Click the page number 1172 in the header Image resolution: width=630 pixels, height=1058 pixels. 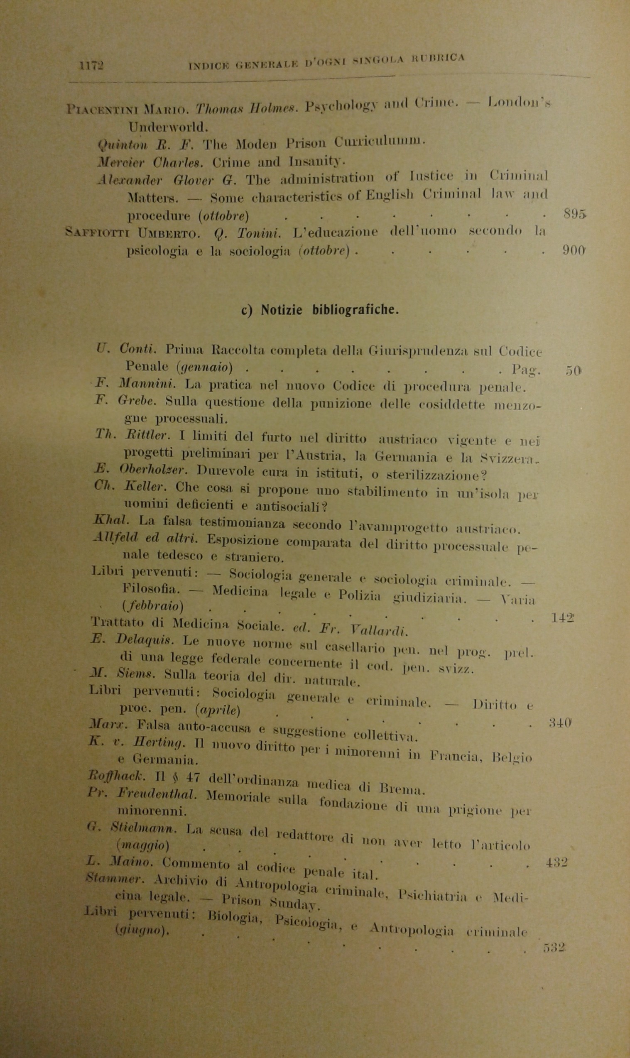coord(91,66)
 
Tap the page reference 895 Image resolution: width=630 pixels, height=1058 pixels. coord(574,214)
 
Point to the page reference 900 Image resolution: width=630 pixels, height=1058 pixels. coord(574,250)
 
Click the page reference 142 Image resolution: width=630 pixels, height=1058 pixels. coord(562,618)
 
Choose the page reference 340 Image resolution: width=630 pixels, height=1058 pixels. coord(560,722)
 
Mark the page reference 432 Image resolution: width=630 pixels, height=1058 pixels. coord(556,850)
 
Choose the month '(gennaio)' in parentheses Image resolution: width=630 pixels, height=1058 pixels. coord(204,367)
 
